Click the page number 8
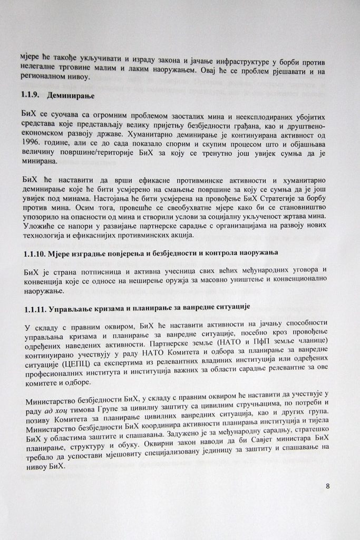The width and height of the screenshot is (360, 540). (x=327, y=486)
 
